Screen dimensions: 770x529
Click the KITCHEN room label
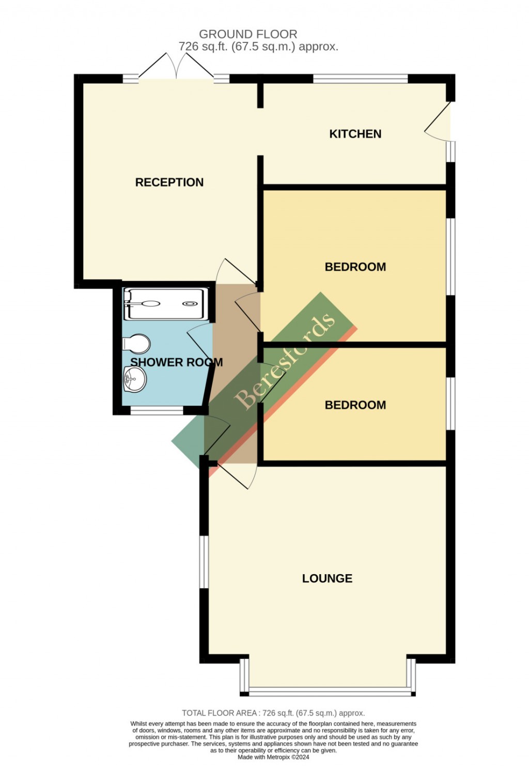355,134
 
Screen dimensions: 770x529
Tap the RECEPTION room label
169,182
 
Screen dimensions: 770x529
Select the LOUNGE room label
327,579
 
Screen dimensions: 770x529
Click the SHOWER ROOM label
176,363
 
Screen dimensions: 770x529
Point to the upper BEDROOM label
355,267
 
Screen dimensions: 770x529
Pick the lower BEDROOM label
355,405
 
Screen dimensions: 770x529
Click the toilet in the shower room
137,344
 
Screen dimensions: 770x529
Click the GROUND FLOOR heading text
248,34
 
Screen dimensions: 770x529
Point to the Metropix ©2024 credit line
273,757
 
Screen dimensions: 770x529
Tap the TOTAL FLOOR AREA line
273,713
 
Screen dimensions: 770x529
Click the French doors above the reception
177,67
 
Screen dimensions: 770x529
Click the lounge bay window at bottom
329,689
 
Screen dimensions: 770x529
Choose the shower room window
157,411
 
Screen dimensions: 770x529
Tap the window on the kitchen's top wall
360,79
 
